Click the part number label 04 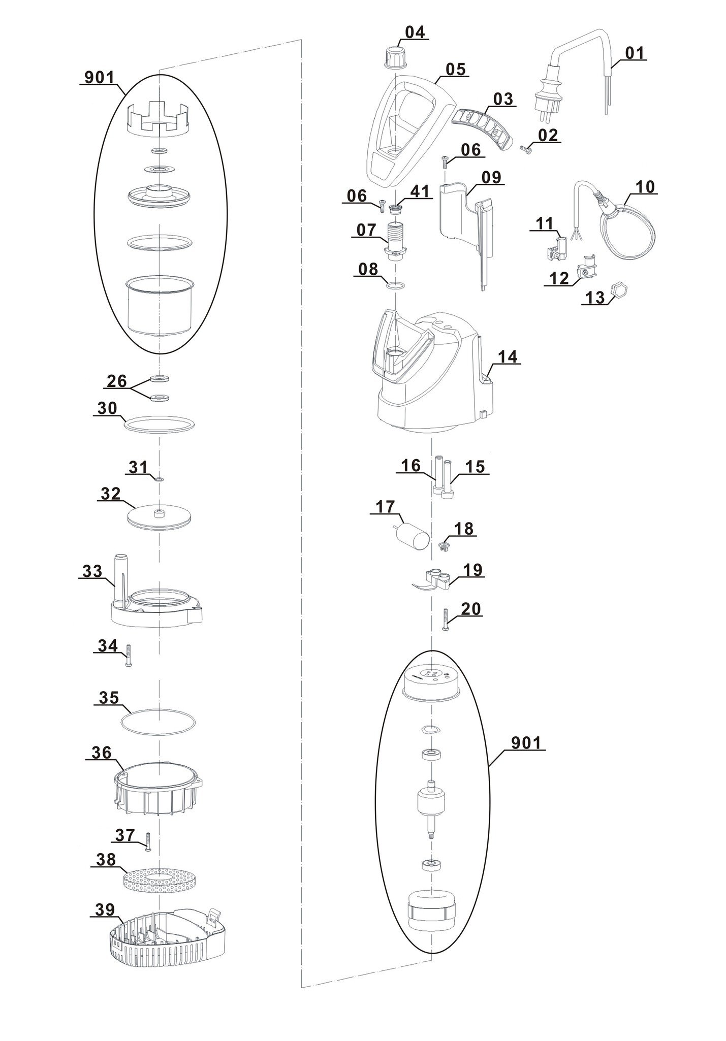point(415,32)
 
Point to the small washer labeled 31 point(159,479)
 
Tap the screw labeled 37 point(148,842)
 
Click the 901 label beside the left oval point(100,78)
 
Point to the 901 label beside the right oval point(526,743)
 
